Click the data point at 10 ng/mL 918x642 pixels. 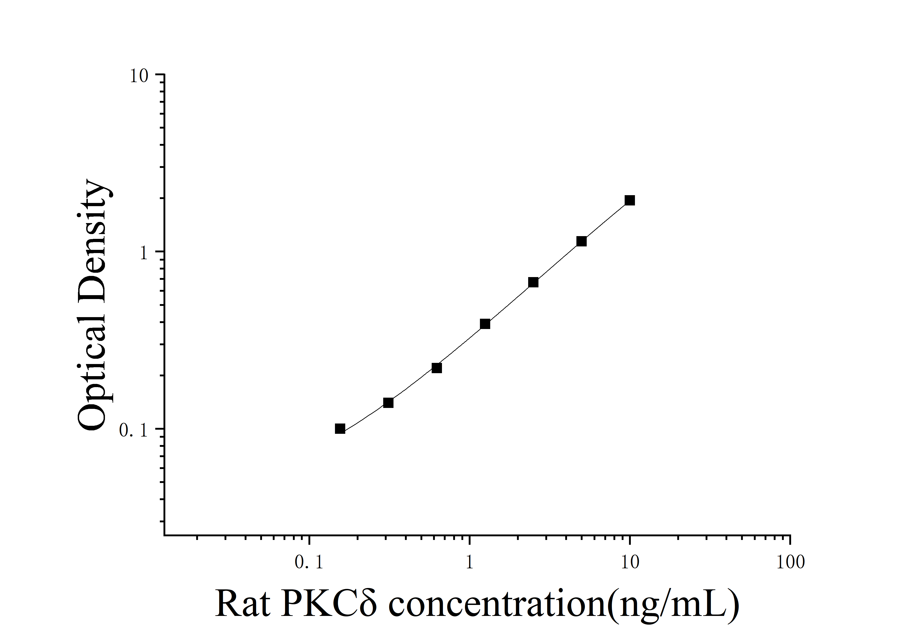(630, 200)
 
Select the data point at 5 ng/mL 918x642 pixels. (581, 241)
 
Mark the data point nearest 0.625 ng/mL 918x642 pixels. (437, 368)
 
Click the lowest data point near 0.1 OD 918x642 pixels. (340, 429)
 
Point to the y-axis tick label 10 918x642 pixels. (139, 76)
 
